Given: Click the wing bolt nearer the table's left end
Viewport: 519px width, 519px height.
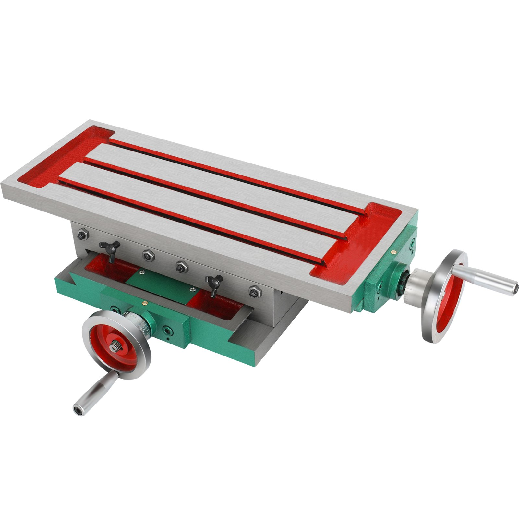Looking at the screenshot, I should pyautogui.click(x=110, y=248).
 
